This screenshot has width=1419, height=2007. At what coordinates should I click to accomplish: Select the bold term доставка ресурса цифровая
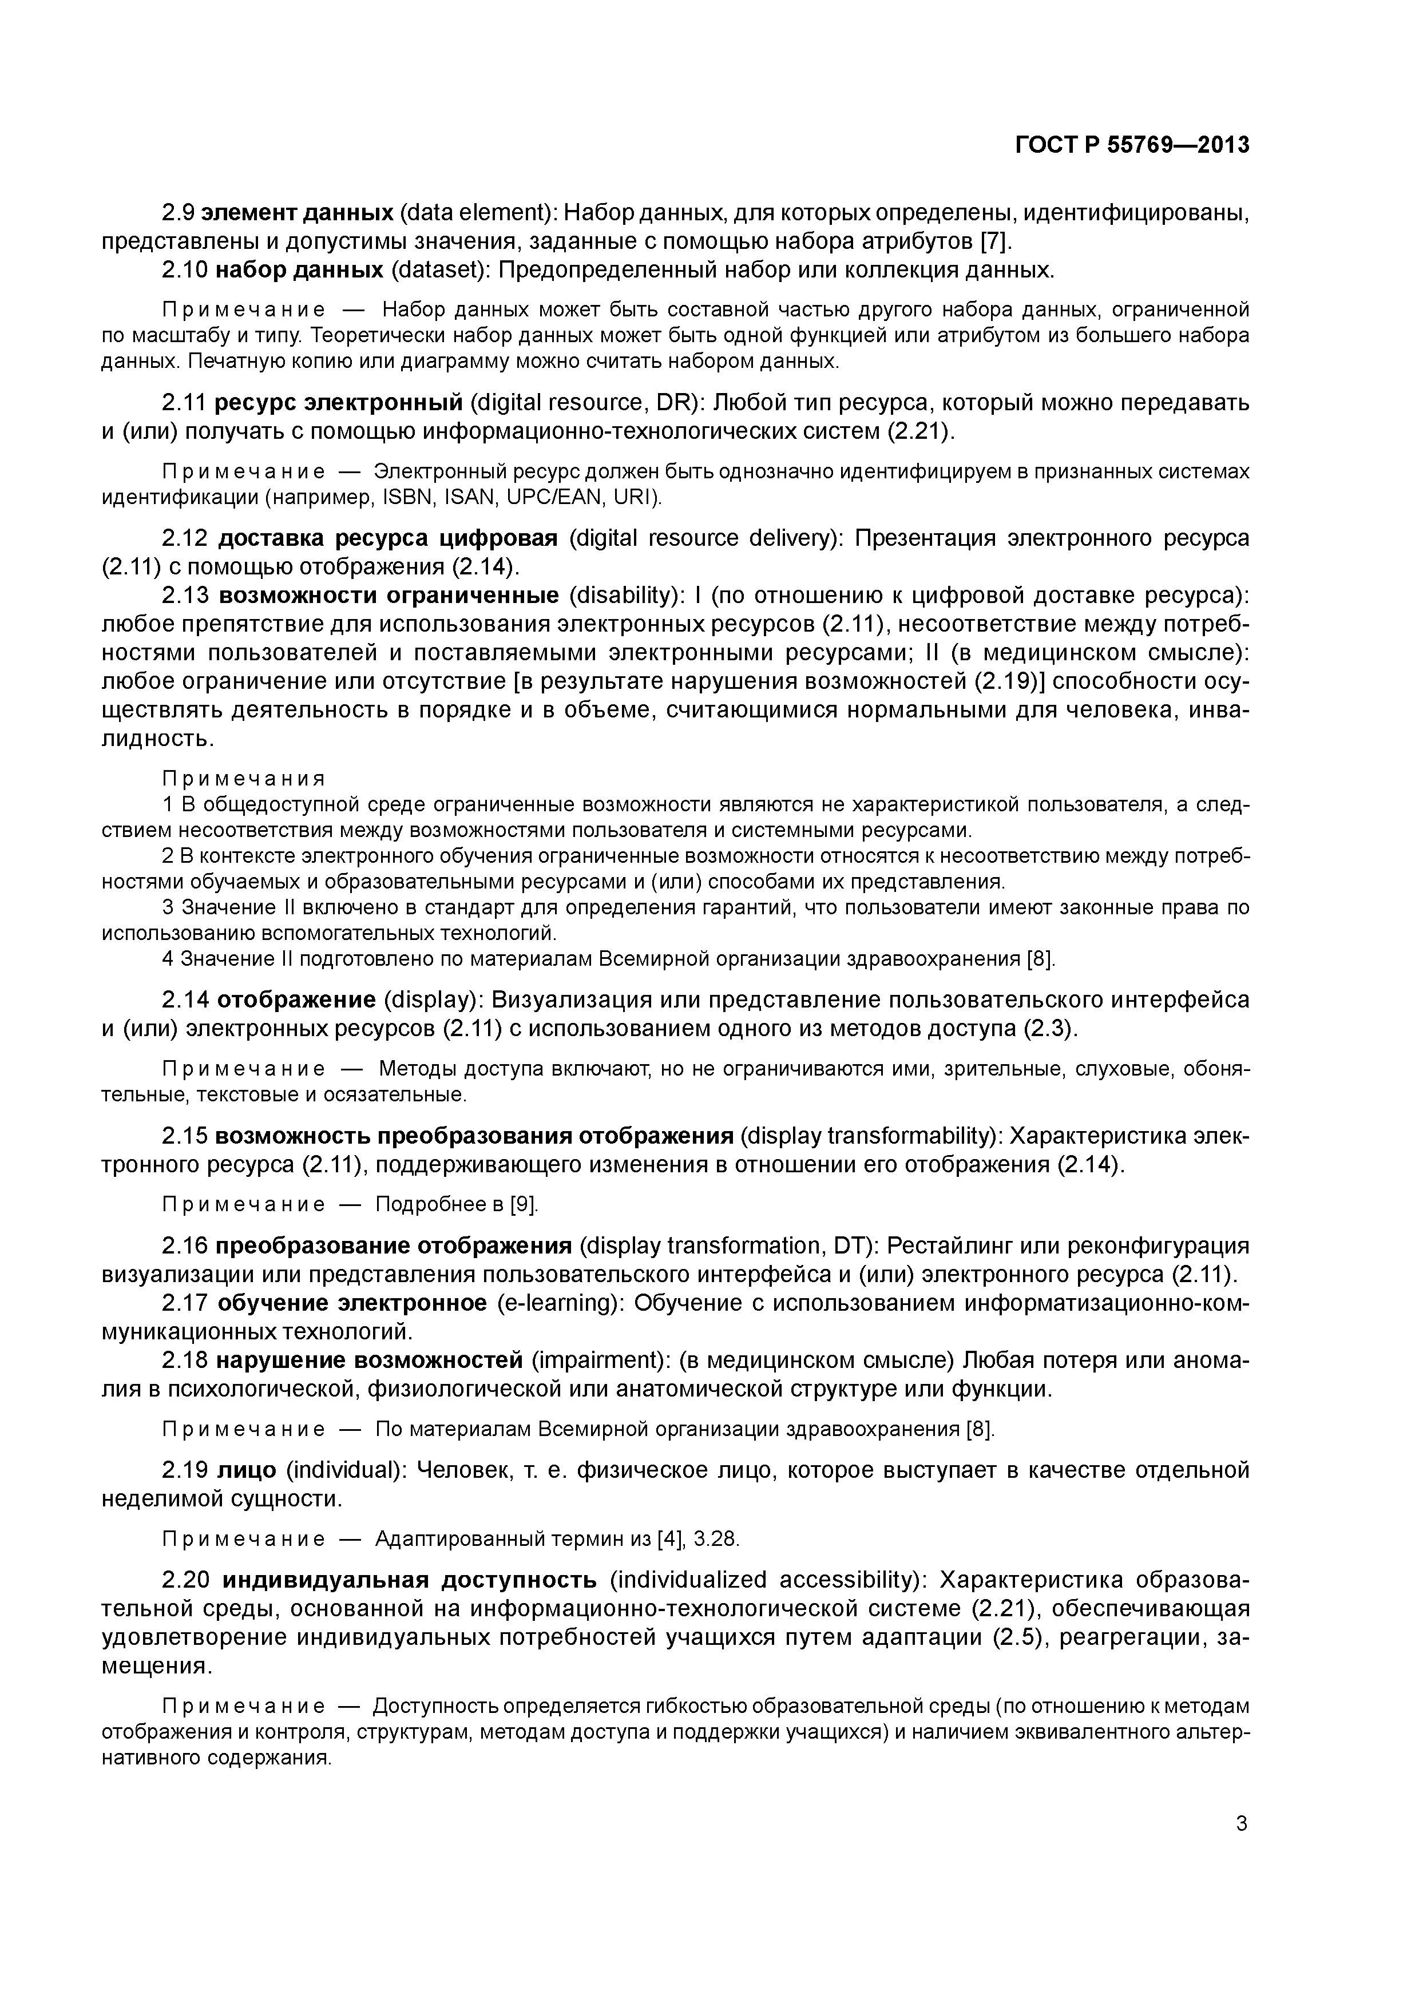click(387, 538)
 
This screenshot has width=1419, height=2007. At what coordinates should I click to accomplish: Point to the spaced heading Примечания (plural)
click(244, 778)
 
